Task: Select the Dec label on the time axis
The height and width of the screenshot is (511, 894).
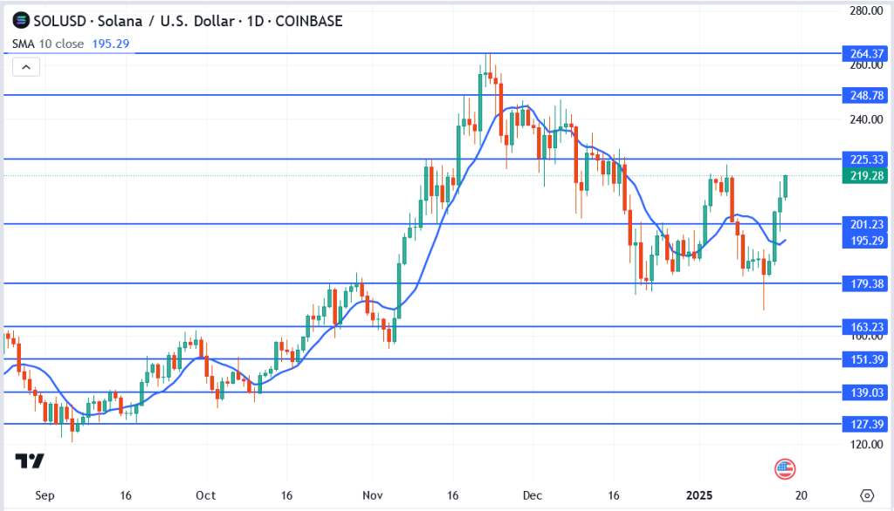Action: coord(531,494)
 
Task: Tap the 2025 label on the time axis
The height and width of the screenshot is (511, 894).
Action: coord(703,494)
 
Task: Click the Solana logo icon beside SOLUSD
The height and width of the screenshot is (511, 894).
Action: coord(21,21)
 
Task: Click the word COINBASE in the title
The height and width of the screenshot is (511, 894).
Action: coord(309,21)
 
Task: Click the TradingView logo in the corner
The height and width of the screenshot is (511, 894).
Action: coord(30,462)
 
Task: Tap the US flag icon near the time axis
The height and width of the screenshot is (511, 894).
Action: coord(785,469)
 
